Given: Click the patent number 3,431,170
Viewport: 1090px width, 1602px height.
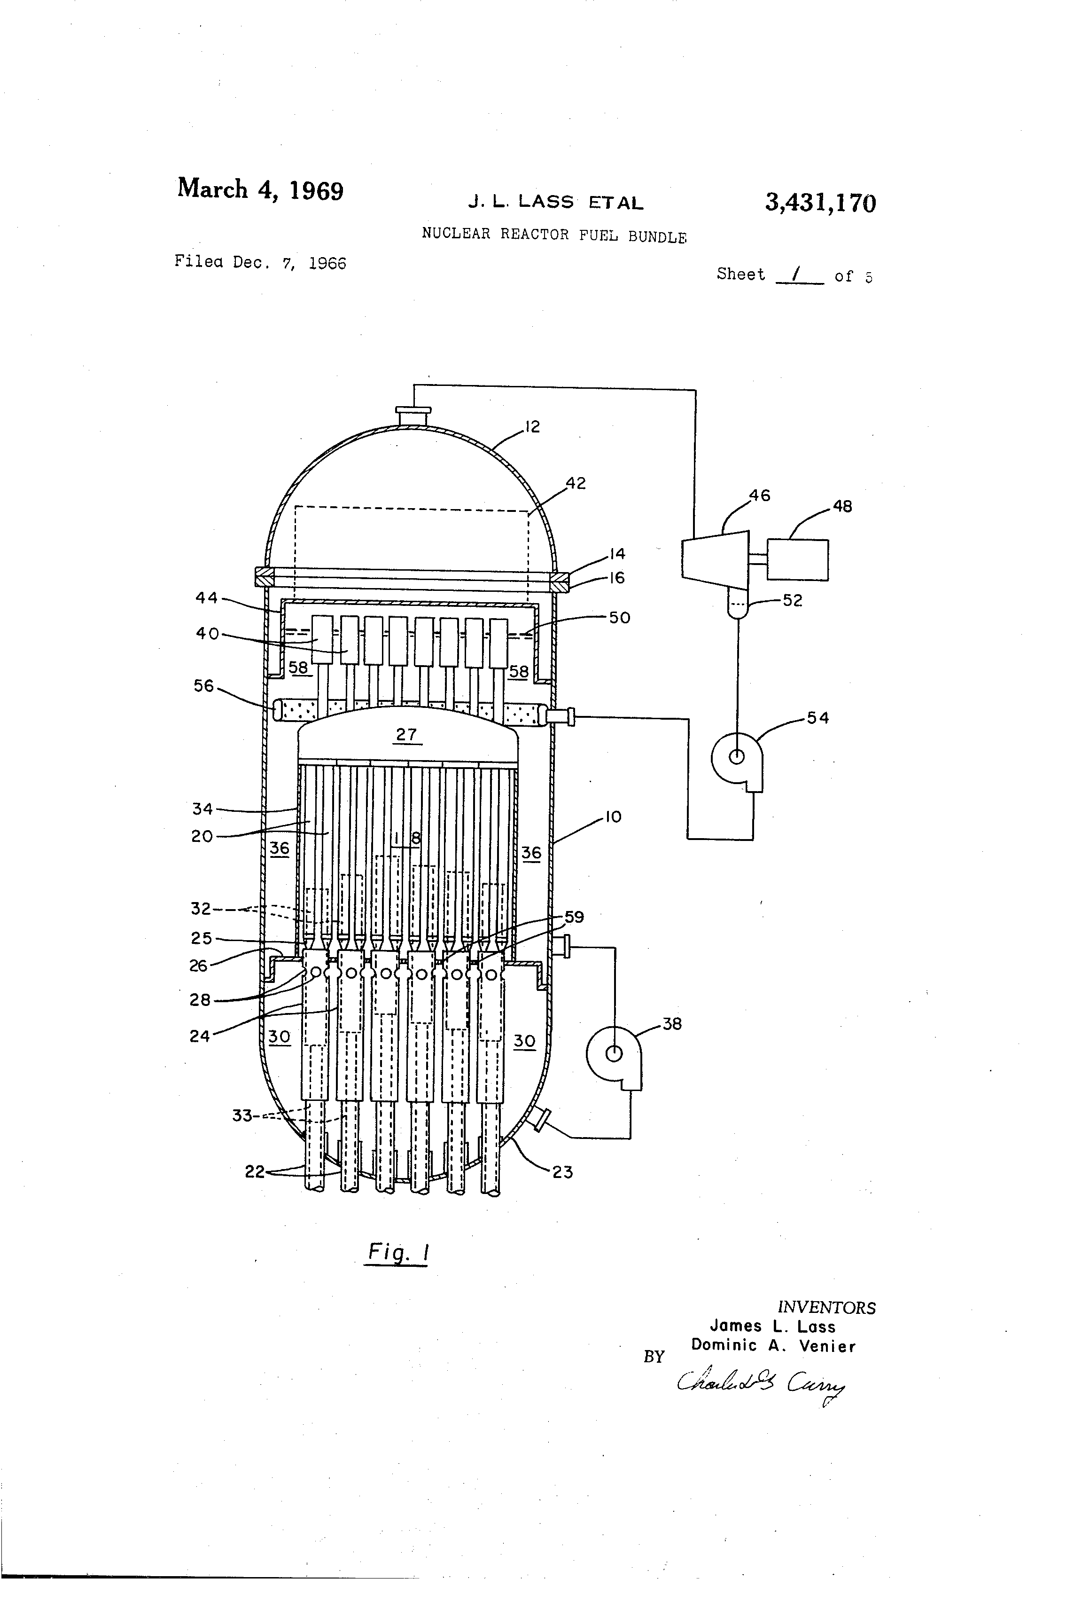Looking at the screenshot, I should pyautogui.click(x=820, y=204).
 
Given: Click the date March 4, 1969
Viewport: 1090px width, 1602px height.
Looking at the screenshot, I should pyautogui.click(x=260, y=189).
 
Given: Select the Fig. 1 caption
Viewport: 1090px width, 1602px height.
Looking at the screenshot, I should pyautogui.click(x=397, y=1252).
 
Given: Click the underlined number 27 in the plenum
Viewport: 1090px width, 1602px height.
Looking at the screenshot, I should pyautogui.click(x=406, y=734).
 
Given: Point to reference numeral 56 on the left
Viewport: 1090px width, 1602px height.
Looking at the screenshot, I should pyautogui.click(x=204, y=686).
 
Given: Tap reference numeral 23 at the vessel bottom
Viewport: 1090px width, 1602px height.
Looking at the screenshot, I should pyautogui.click(x=562, y=1172).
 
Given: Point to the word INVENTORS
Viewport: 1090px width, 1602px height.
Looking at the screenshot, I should pyautogui.click(x=826, y=1308).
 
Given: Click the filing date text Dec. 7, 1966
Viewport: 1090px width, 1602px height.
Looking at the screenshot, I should pyautogui.click(x=288, y=263).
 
